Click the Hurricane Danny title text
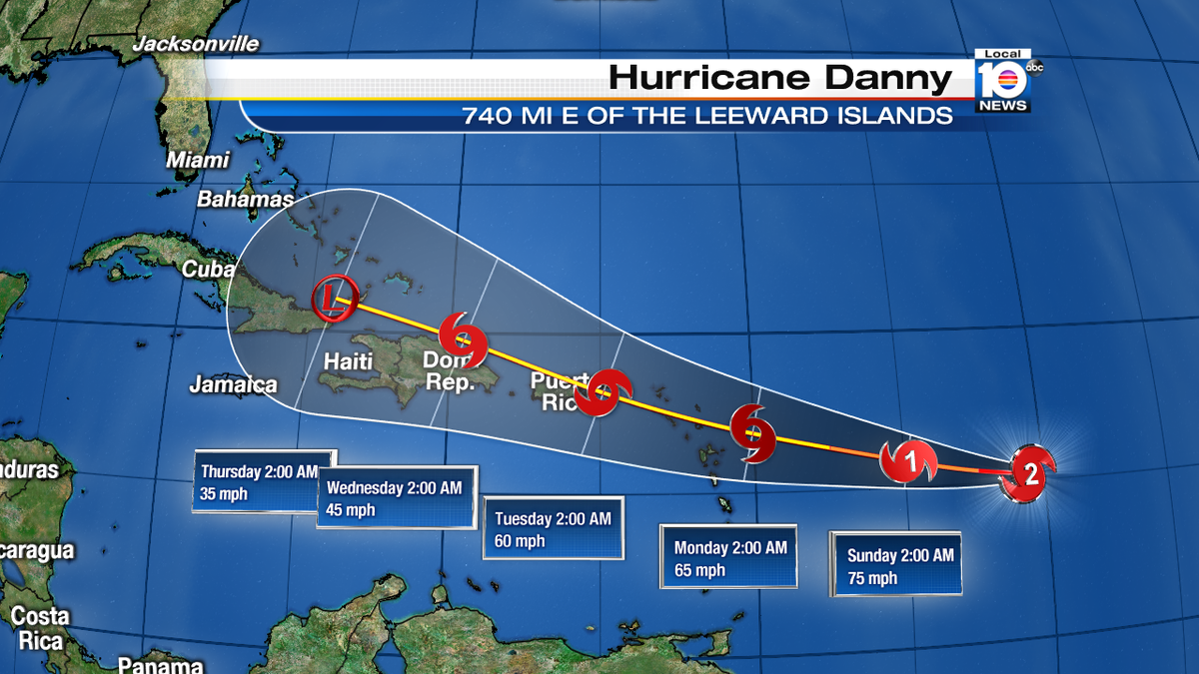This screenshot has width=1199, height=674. [x=780, y=78]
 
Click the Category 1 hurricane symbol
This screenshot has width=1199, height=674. [x=909, y=460]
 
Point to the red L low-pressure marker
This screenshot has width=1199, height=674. [x=333, y=298]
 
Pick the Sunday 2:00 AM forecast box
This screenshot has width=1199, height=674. [x=896, y=564]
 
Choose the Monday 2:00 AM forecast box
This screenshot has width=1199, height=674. [x=728, y=557]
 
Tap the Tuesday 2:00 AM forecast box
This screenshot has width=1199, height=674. [x=553, y=529]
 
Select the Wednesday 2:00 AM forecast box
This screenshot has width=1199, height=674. [x=397, y=497]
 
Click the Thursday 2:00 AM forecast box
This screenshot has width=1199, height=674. [x=263, y=480]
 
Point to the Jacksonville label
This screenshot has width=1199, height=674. [x=196, y=44]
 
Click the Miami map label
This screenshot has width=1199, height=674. [x=198, y=160]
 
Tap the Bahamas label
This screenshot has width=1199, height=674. [x=246, y=199]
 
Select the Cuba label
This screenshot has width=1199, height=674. [x=208, y=270]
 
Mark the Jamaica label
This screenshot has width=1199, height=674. [x=234, y=384]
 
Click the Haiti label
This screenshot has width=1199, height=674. [x=348, y=359]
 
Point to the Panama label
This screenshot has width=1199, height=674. [x=160, y=665]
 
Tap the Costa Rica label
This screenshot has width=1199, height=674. [x=39, y=627]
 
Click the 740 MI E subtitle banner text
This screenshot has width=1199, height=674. [x=706, y=116]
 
